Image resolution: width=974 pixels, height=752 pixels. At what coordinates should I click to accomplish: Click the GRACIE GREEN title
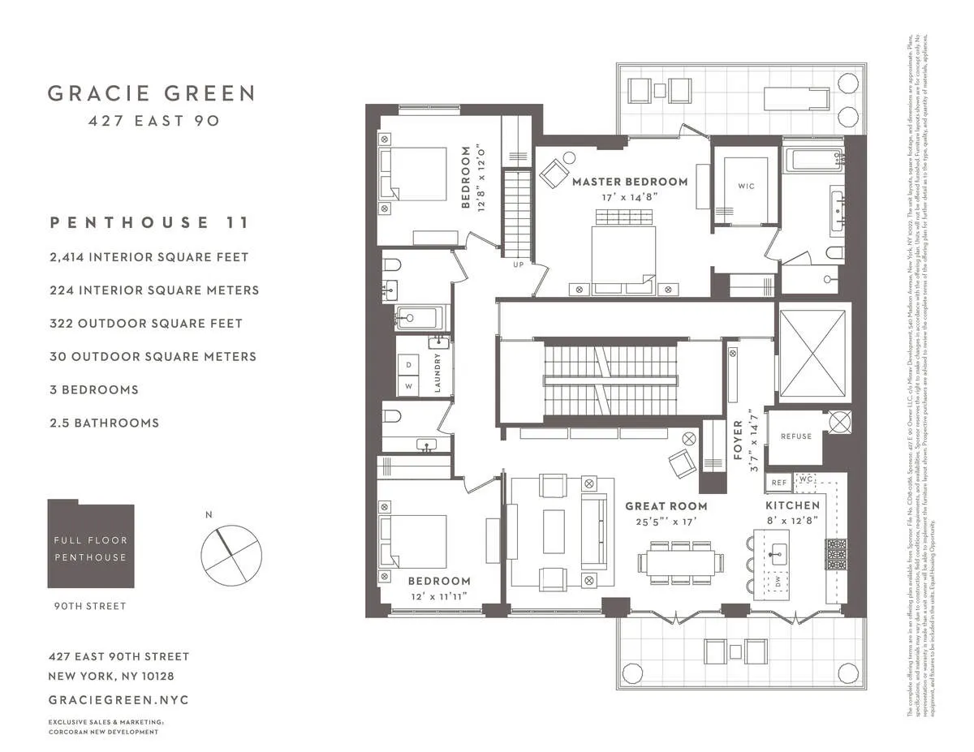(x=151, y=93)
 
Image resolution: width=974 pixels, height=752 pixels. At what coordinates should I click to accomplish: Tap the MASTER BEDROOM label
(x=630, y=182)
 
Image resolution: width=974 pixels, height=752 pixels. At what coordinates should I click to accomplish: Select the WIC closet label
(x=746, y=187)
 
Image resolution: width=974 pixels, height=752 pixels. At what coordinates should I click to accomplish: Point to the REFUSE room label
(x=795, y=436)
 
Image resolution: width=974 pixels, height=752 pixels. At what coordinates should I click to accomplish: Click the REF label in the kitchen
(x=779, y=483)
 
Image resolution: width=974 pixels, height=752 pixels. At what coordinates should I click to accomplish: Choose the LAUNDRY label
(x=437, y=373)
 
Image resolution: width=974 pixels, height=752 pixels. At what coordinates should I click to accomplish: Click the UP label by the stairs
(x=518, y=264)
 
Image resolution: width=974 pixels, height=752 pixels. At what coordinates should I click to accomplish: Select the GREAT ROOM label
(x=662, y=505)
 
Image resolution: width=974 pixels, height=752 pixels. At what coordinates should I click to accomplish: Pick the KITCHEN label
(x=793, y=505)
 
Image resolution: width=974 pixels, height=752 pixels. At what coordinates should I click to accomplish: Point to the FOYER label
(x=738, y=440)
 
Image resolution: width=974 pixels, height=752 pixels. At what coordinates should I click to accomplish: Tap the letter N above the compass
(x=209, y=514)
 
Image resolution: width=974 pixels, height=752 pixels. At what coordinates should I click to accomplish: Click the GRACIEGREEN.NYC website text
(x=119, y=699)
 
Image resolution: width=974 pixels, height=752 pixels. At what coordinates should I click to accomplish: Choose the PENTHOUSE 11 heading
(x=149, y=222)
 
